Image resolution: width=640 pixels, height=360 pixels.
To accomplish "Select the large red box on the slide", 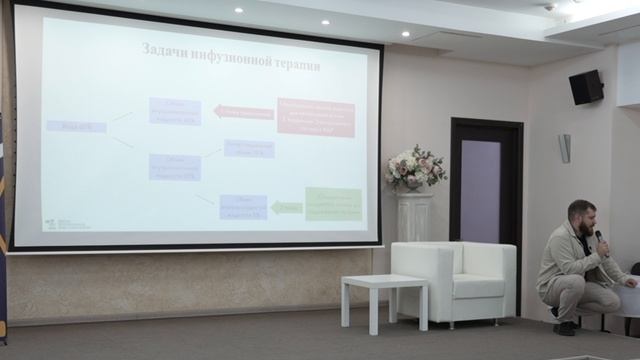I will point(316,117).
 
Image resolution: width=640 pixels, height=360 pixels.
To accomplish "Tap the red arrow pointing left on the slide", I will point(243,112).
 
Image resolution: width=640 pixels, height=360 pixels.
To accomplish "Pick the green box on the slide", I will point(333,203).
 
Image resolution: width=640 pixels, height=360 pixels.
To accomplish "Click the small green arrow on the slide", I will point(286,208).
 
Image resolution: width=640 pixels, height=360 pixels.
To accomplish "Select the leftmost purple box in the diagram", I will point(76,127).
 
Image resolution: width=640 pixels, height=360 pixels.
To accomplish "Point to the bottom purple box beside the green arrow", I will point(243,206).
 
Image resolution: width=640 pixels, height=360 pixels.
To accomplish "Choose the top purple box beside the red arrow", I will point(175,111).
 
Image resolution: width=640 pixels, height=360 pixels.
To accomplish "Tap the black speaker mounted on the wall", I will point(586,88).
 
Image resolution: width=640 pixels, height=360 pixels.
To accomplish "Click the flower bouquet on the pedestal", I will point(414,167).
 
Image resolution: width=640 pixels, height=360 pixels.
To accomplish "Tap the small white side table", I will point(384,297).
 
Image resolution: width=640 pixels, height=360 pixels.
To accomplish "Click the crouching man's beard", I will point(585,228).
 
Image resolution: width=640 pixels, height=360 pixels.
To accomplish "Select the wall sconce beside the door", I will point(564,148).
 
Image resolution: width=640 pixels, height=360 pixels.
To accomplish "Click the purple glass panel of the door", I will point(480,190).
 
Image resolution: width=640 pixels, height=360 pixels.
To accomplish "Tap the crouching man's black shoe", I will point(565,327).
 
